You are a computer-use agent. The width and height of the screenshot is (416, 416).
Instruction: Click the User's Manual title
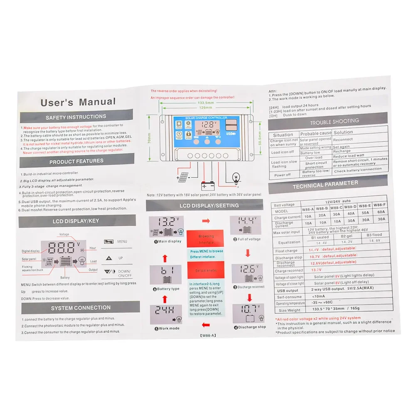click(x=78, y=102)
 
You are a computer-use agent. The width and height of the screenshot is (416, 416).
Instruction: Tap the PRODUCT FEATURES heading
click(x=77, y=161)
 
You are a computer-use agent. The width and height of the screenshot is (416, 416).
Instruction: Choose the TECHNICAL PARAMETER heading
click(x=325, y=184)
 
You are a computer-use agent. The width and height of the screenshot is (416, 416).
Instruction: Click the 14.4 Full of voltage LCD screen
click(x=246, y=225)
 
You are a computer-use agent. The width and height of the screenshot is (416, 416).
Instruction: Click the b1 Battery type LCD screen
click(x=166, y=275)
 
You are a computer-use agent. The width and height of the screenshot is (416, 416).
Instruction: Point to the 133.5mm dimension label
click(x=206, y=103)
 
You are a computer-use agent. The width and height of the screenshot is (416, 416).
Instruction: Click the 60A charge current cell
click(x=380, y=211)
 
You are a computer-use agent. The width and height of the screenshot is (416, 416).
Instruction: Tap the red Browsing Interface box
click(x=206, y=239)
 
